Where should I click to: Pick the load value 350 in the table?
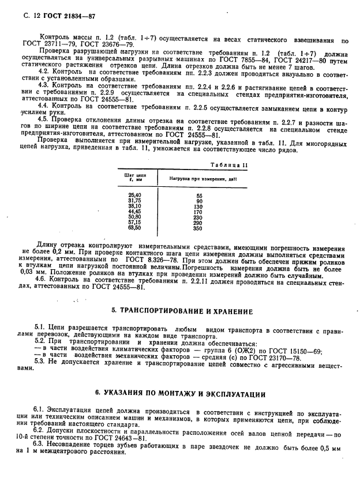[x=198, y=228]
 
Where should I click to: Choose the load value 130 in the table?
[x=198, y=206]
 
